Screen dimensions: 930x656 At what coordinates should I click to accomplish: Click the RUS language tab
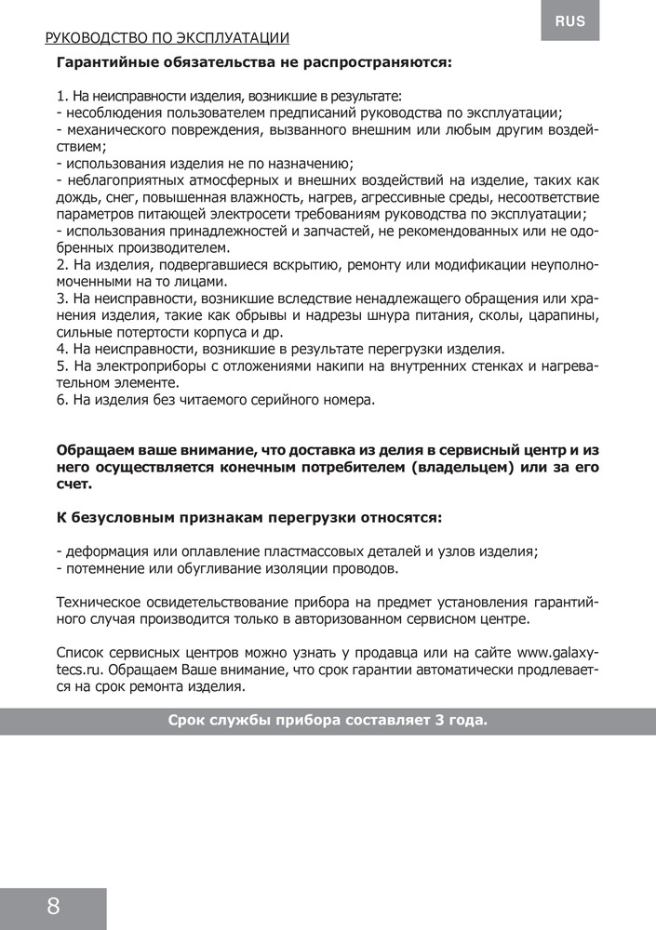click(x=570, y=20)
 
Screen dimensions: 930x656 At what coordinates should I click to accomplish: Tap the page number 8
click(x=53, y=907)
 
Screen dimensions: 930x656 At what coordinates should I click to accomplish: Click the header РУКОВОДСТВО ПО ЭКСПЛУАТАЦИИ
click(x=167, y=38)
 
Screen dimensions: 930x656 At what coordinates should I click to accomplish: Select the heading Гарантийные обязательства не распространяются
click(x=254, y=64)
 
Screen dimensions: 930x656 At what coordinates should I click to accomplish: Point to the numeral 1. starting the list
click(x=62, y=96)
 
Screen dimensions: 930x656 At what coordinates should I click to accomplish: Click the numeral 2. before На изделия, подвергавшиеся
click(x=62, y=265)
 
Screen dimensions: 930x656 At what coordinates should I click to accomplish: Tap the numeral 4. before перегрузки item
click(x=62, y=350)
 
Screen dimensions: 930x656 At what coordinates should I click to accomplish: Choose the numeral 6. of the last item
click(x=62, y=400)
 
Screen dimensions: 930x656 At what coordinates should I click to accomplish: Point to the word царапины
click(x=561, y=315)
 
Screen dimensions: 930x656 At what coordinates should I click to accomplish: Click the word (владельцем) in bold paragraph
click(x=461, y=467)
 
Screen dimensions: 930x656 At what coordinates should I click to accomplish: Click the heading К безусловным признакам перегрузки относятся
click(x=249, y=517)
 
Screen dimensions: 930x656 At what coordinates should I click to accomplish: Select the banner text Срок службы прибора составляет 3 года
click(x=328, y=721)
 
